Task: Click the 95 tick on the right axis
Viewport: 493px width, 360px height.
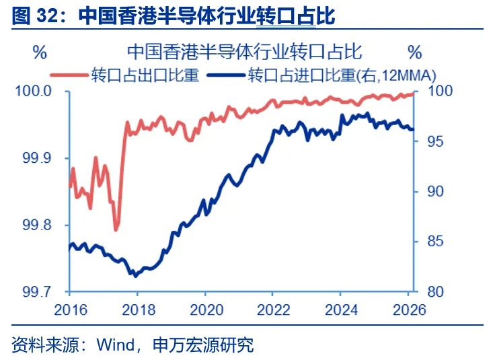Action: pos(432,141)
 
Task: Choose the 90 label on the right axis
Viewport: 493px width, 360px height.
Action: pos(432,192)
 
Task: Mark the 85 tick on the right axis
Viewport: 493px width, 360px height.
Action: pos(432,242)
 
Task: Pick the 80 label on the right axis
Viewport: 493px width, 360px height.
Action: pos(432,292)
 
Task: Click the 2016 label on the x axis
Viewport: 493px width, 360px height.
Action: pos(69,311)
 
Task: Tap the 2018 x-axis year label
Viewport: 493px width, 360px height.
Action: pos(137,311)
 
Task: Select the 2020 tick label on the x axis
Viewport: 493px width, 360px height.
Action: pos(204,311)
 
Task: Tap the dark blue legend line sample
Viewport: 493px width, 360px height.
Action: pos(226,74)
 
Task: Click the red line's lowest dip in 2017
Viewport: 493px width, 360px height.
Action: pos(116,230)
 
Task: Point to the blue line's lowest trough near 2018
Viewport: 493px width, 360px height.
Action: pos(135,276)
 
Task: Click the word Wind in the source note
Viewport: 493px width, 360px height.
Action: pos(116,345)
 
